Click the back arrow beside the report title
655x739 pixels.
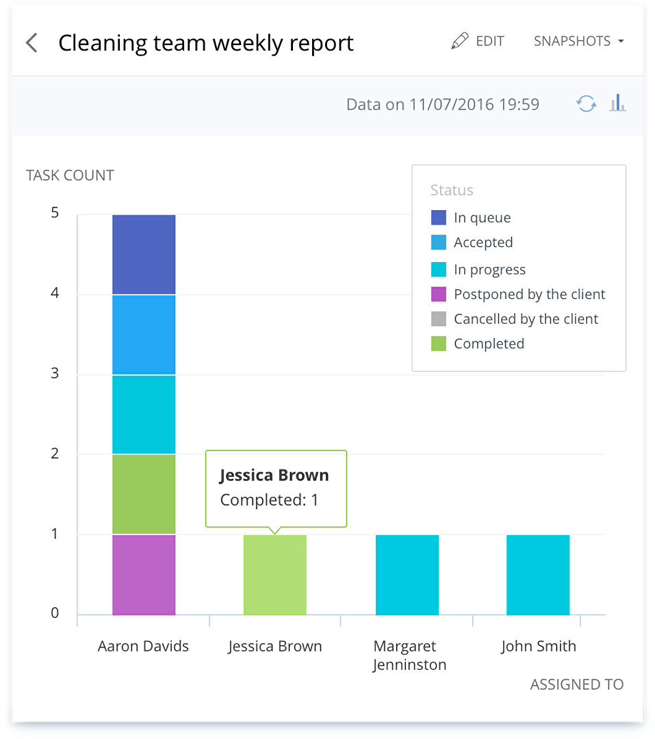[31, 43]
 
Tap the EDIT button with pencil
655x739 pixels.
[478, 41]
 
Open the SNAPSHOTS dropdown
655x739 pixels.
[578, 41]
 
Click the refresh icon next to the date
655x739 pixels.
[586, 104]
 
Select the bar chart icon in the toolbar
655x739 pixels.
[617, 104]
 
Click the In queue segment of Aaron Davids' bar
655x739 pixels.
[144, 255]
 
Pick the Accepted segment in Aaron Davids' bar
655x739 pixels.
[144, 335]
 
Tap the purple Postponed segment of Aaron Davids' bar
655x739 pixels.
[144, 574]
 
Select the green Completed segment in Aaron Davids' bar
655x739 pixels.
[144, 494]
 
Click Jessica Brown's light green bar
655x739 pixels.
[275, 575]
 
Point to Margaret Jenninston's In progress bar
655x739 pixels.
[407, 575]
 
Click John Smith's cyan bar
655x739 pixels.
[538, 575]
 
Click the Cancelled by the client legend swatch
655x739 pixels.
[439, 319]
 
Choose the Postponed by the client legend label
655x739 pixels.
[529, 294]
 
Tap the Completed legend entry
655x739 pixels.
[489, 343]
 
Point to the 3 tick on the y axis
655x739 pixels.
[55, 374]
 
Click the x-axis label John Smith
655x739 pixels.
[538, 646]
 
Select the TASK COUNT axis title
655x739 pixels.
[70, 175]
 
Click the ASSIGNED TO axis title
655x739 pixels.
[576, 684]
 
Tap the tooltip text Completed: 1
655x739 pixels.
[269, 500]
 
